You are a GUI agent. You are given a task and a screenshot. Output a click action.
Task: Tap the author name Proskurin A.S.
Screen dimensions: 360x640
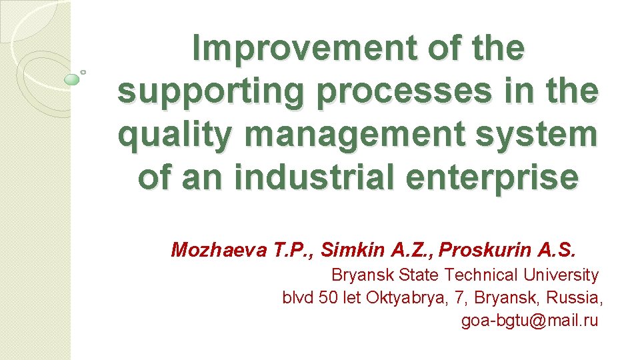507,250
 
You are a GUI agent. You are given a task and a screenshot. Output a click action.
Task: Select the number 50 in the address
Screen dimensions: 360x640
329,297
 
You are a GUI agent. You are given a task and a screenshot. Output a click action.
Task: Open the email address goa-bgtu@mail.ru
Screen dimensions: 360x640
530,321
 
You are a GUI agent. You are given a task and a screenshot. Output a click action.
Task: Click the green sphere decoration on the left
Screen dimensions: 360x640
72,80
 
